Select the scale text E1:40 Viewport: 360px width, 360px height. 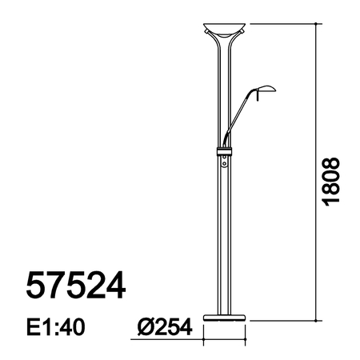click(56, 328)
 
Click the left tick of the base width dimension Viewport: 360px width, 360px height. click(202, 338)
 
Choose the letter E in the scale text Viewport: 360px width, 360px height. click(34, 328)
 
